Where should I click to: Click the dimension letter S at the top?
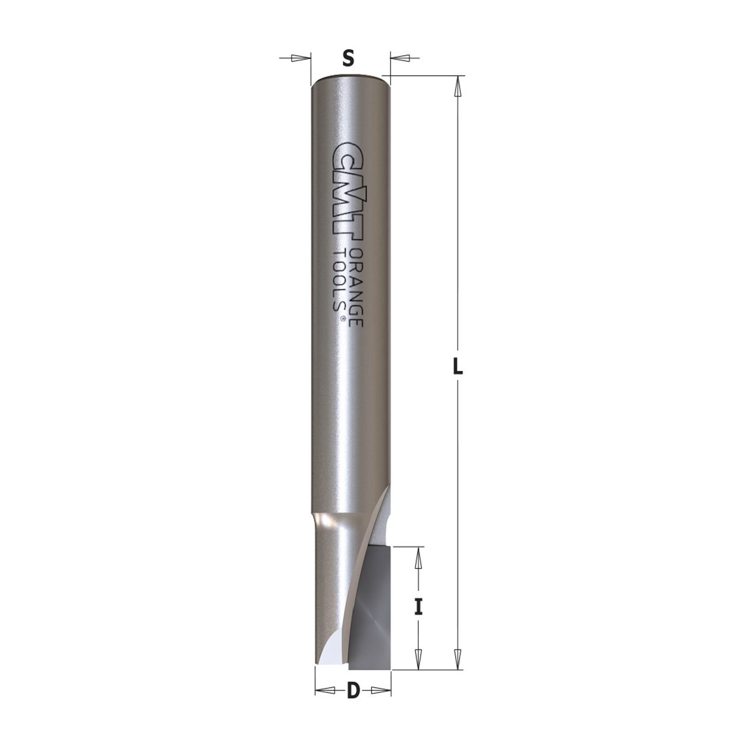(x=348, y=58)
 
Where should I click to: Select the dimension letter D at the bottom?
(x=353, y=691)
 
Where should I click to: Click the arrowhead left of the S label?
(x=300, y=58)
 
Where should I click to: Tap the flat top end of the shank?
(x=350, y=78)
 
